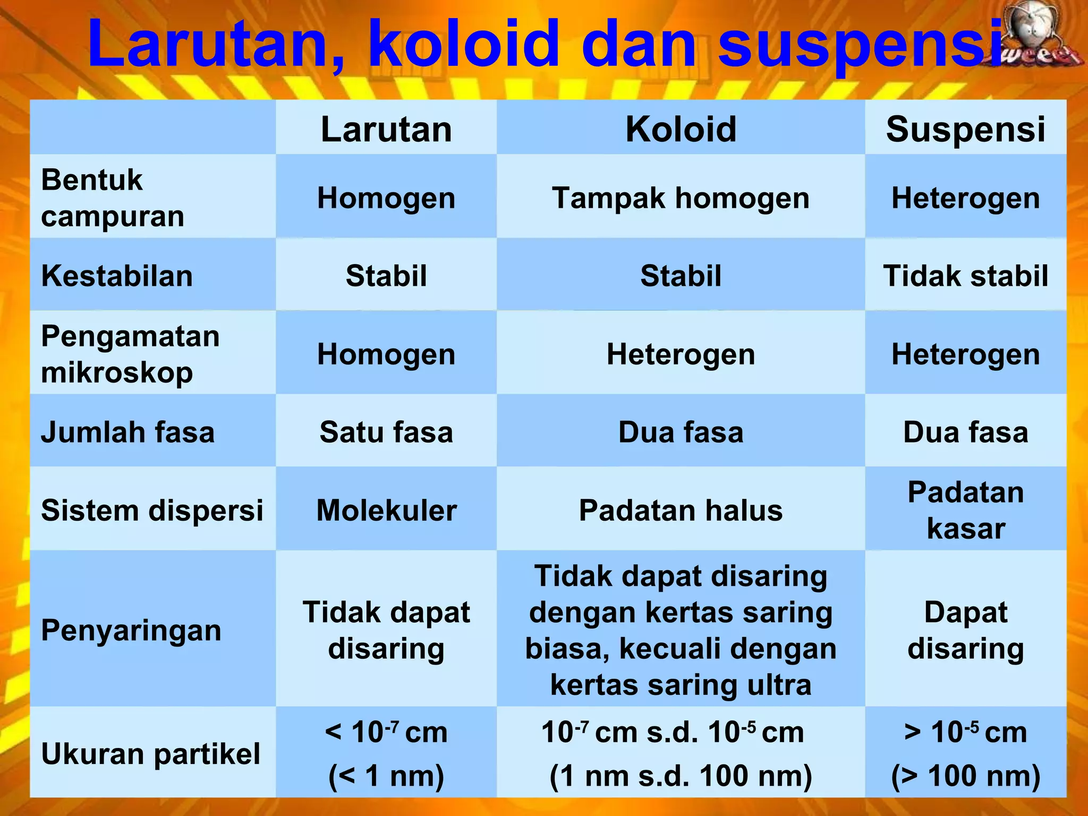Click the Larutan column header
pyautogui.click(x=386, y=129)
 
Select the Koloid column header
pyautogui.click(x=681, y=129)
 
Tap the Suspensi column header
pyautogui.click(x=965, y=129)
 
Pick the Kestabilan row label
pyautogui.click(x=117, y=276)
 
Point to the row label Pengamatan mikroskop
pyautogui.click(x=130, y=354)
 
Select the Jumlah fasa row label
pyautogui.click(x=127, y=432)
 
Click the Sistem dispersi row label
pyautogui.click(x=152, y=510)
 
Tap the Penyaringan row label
pyautogui.click(x=131, y=630)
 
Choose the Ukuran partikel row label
pyautogui.click(x=151, y=754)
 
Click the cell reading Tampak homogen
pyautogui.click(x=681, y=198)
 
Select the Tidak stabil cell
pyautogui.click(x=965, y=276)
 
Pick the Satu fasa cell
pyautogui.click(x=386, y=432)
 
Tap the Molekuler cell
pyautogui.click(x=386, y=510)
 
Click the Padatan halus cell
pyautogui.click(x=681, y=510)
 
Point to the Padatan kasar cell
pyautogui.click(x=965, y=510)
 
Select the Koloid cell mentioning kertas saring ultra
pyautogui.click(x=681, y=630)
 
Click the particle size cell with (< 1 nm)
pyautogui.click(x=386, y=754)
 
